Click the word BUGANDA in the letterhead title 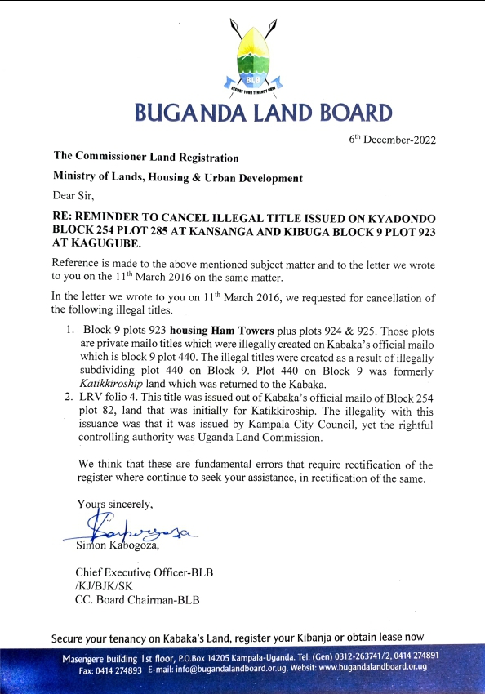point(183,113)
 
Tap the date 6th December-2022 point(392,139)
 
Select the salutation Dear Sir point(74,196)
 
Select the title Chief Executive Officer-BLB point(144,572)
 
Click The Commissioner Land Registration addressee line point(146,157)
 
